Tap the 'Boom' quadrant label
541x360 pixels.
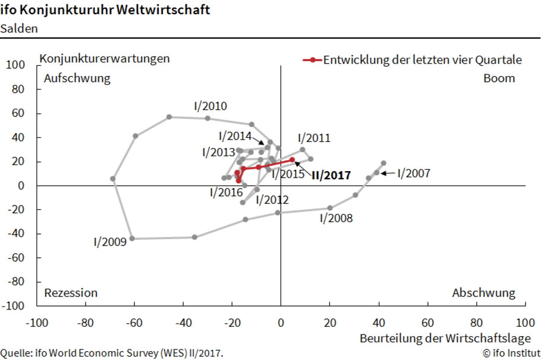499,78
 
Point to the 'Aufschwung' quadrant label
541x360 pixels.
77,78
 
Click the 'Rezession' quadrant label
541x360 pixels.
71,293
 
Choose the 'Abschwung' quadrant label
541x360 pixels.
483,293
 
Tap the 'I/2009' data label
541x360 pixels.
111,242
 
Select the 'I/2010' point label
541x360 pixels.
210,106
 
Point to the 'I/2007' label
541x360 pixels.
413,173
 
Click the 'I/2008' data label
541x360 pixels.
336,218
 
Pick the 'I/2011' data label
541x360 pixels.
314,138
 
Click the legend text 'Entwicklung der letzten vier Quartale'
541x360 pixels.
422,59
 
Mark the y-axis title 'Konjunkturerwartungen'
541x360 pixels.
105,59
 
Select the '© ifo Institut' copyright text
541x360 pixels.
511,353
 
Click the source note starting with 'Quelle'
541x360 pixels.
112,353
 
